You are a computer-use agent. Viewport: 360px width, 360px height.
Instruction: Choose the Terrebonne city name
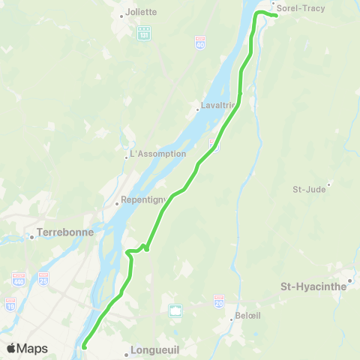(x=66, y=232)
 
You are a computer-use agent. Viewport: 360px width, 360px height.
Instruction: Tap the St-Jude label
(x=309, y=189)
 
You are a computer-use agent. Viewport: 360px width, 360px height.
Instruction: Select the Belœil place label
(x=247, y=316)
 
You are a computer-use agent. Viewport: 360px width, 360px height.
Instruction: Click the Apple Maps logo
(x=27, y=348)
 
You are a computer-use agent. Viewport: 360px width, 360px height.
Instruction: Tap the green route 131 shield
(x=144, y=33)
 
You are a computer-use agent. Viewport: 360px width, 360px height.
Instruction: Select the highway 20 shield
(x=218, y=303)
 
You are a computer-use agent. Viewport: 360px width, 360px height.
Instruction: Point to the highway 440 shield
(x=19, y=279)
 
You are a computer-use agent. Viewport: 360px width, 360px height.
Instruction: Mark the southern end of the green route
(x=84, y=346)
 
